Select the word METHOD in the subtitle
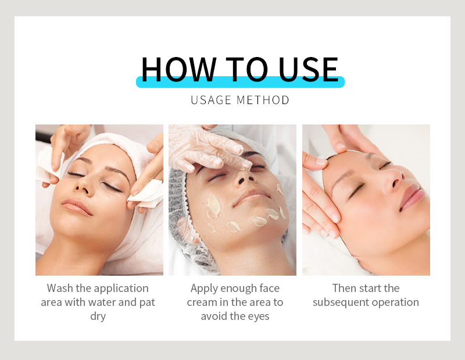(x=263, y=100)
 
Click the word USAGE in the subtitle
(x=211, y=100)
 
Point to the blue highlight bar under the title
(x=240, y=83)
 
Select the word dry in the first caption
(x=98, y=316)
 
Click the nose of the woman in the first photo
(x=81, y=186)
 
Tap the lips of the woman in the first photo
(x=76, y=206)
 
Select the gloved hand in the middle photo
(x=203, y=145)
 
